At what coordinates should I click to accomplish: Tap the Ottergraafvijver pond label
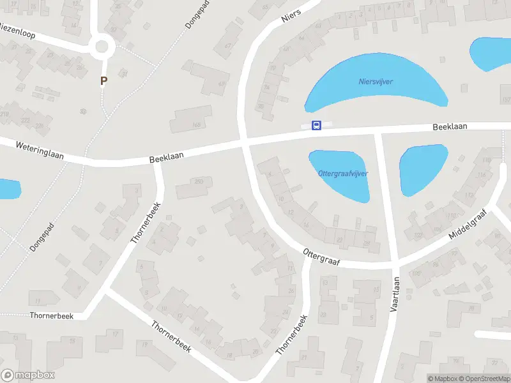(343, 174)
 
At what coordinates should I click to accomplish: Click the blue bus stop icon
(316, 125)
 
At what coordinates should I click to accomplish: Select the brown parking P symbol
(103, 81)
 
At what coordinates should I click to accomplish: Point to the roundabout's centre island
(102, 46)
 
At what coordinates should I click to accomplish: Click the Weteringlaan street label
(40, 151)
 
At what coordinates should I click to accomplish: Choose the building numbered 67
(228, 46)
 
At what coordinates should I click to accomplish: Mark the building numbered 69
(222, 84)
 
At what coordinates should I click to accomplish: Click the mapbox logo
(28, 375)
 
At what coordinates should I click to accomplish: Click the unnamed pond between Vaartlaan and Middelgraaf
(422, 169)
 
